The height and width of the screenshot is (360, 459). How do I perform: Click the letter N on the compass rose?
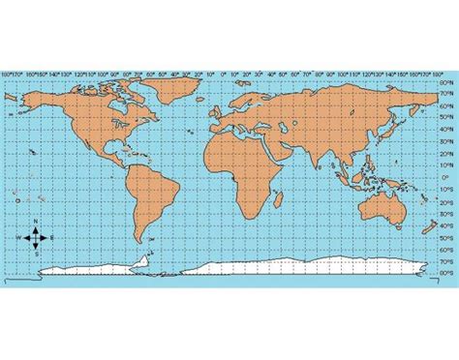(x=36, y=223)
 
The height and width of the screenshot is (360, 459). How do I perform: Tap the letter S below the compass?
(x=36, y=254)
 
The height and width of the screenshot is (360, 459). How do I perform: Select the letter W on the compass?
(x=18, y=237)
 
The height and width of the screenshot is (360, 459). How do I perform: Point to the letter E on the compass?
(x=53, y=237)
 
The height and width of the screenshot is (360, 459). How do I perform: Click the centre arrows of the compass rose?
(x=36, y=237)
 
